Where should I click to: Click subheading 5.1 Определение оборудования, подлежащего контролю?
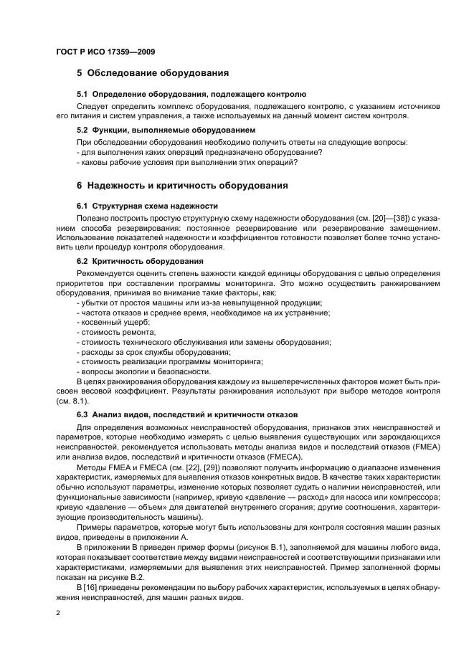(191, 94)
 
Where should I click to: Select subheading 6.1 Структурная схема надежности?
(147, 206)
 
